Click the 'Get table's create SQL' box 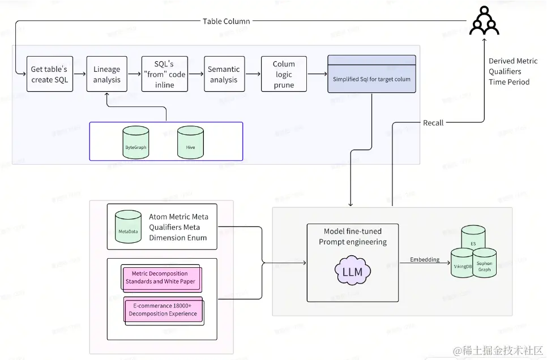click(x=49, y=74)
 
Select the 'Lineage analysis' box click(x=106, y=74)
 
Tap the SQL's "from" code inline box click(x=164, y=74)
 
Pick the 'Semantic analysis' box click(x=224, y=74)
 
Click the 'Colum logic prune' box click(x=284, y=74)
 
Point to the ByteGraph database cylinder click(x=136, y=142)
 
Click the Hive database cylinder click(x=190, y=142)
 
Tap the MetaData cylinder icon click(x=128, y=226)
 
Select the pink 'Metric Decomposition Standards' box click(x=160, y=277)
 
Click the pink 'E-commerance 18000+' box click(x=163, y=310)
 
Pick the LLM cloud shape click(x=353, y=272)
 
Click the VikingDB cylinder click(x=462, y=263)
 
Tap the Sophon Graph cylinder click(x=485, y=264)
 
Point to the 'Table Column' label click(x=227, y=22)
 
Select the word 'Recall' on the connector click(x=433, y=122)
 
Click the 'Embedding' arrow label click(x=425, y=260)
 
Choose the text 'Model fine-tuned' click(x=353, y=232)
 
